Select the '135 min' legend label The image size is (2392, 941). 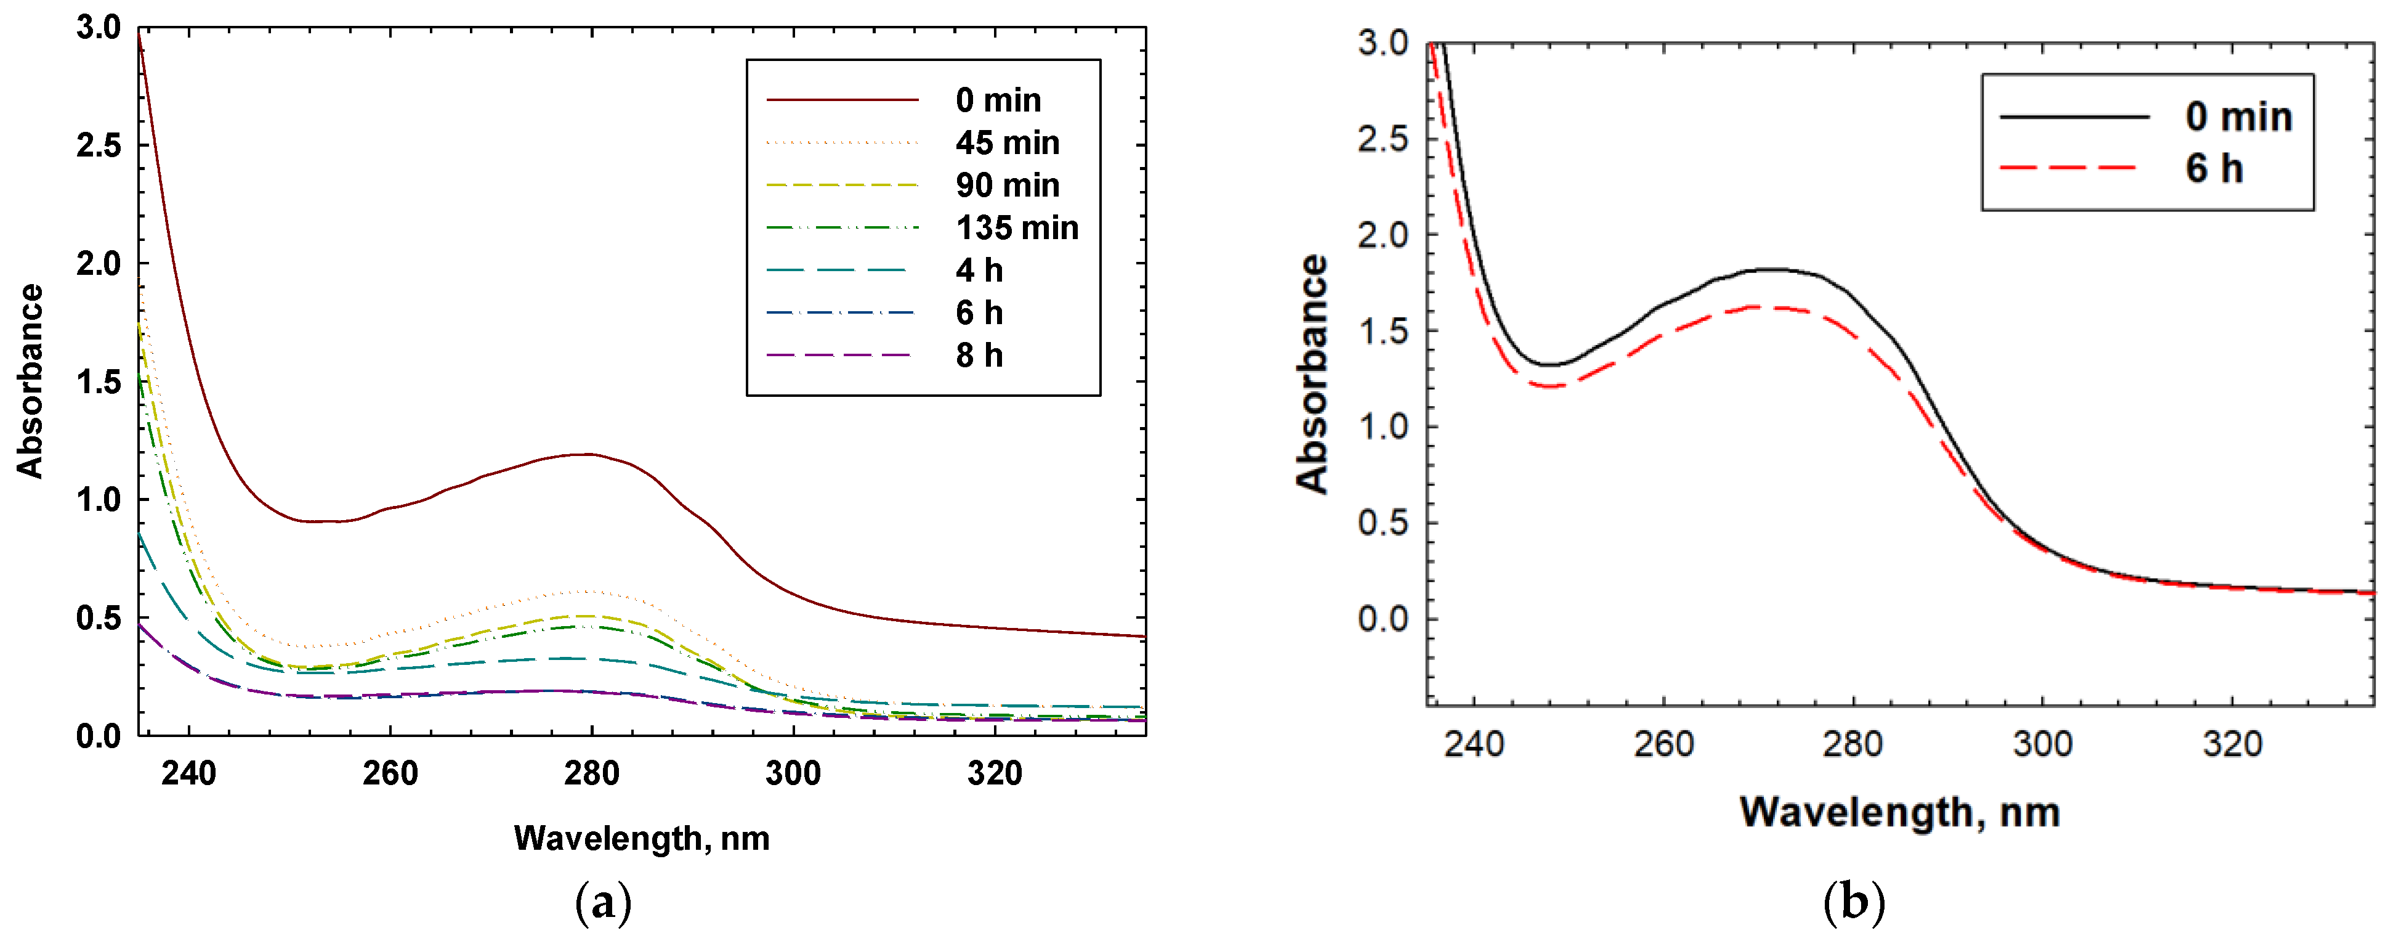(1017, 227)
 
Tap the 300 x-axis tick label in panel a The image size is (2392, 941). (792, 773)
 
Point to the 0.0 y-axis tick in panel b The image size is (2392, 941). (1383, 619)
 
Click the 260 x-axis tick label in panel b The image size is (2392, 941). (1663, 744)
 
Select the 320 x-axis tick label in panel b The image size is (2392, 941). (2232, 744)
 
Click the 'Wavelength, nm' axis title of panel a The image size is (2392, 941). (642, 838)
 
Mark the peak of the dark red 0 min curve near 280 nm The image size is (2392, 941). (587, 454)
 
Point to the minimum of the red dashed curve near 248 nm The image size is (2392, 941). (1549, 386)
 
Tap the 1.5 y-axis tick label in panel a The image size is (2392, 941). (99, 382)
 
